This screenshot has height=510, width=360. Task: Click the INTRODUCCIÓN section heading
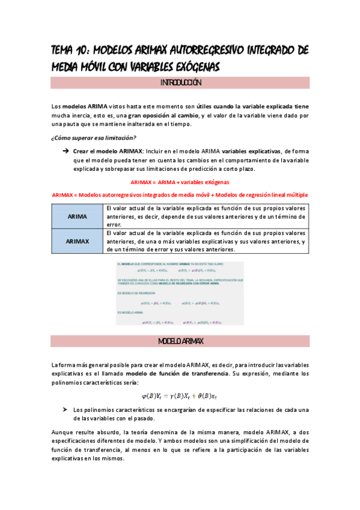[180, 82]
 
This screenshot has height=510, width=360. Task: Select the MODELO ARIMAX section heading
[180, 341]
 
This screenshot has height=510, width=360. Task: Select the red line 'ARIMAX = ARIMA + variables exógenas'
[180, 182]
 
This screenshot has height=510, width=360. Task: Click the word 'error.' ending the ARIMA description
[114, 224]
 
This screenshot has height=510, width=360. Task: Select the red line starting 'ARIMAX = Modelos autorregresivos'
[180, 195]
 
